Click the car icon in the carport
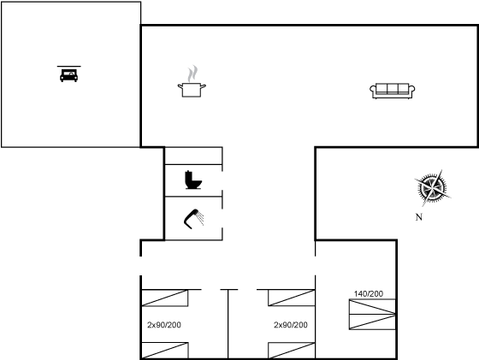coord(68,75)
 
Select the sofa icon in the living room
coord(393,91)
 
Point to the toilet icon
coord(193,180)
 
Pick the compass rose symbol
coord(432,188)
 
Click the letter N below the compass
coord(419,217)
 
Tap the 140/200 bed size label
coord(369,294)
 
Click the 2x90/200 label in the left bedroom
coord(164,325)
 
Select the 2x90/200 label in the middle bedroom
coord(291,325)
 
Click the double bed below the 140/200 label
coord(372,315)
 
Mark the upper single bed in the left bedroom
coord(164,298)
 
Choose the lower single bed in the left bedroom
coord(164,351)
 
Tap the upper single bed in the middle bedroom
coord(292,298)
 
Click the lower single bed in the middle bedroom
coord(292,351)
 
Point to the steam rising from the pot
coord(192,74)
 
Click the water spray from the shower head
coord(200,218)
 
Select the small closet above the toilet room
coord(193,156)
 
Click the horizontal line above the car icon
coord(69,66)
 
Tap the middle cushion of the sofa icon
coord(393,88)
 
